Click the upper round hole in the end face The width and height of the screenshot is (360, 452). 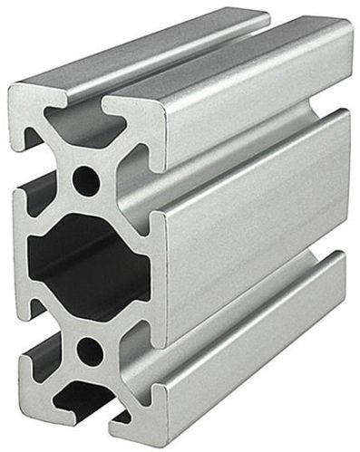click(86, 178)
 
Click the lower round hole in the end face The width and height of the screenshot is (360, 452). click(90, 347)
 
